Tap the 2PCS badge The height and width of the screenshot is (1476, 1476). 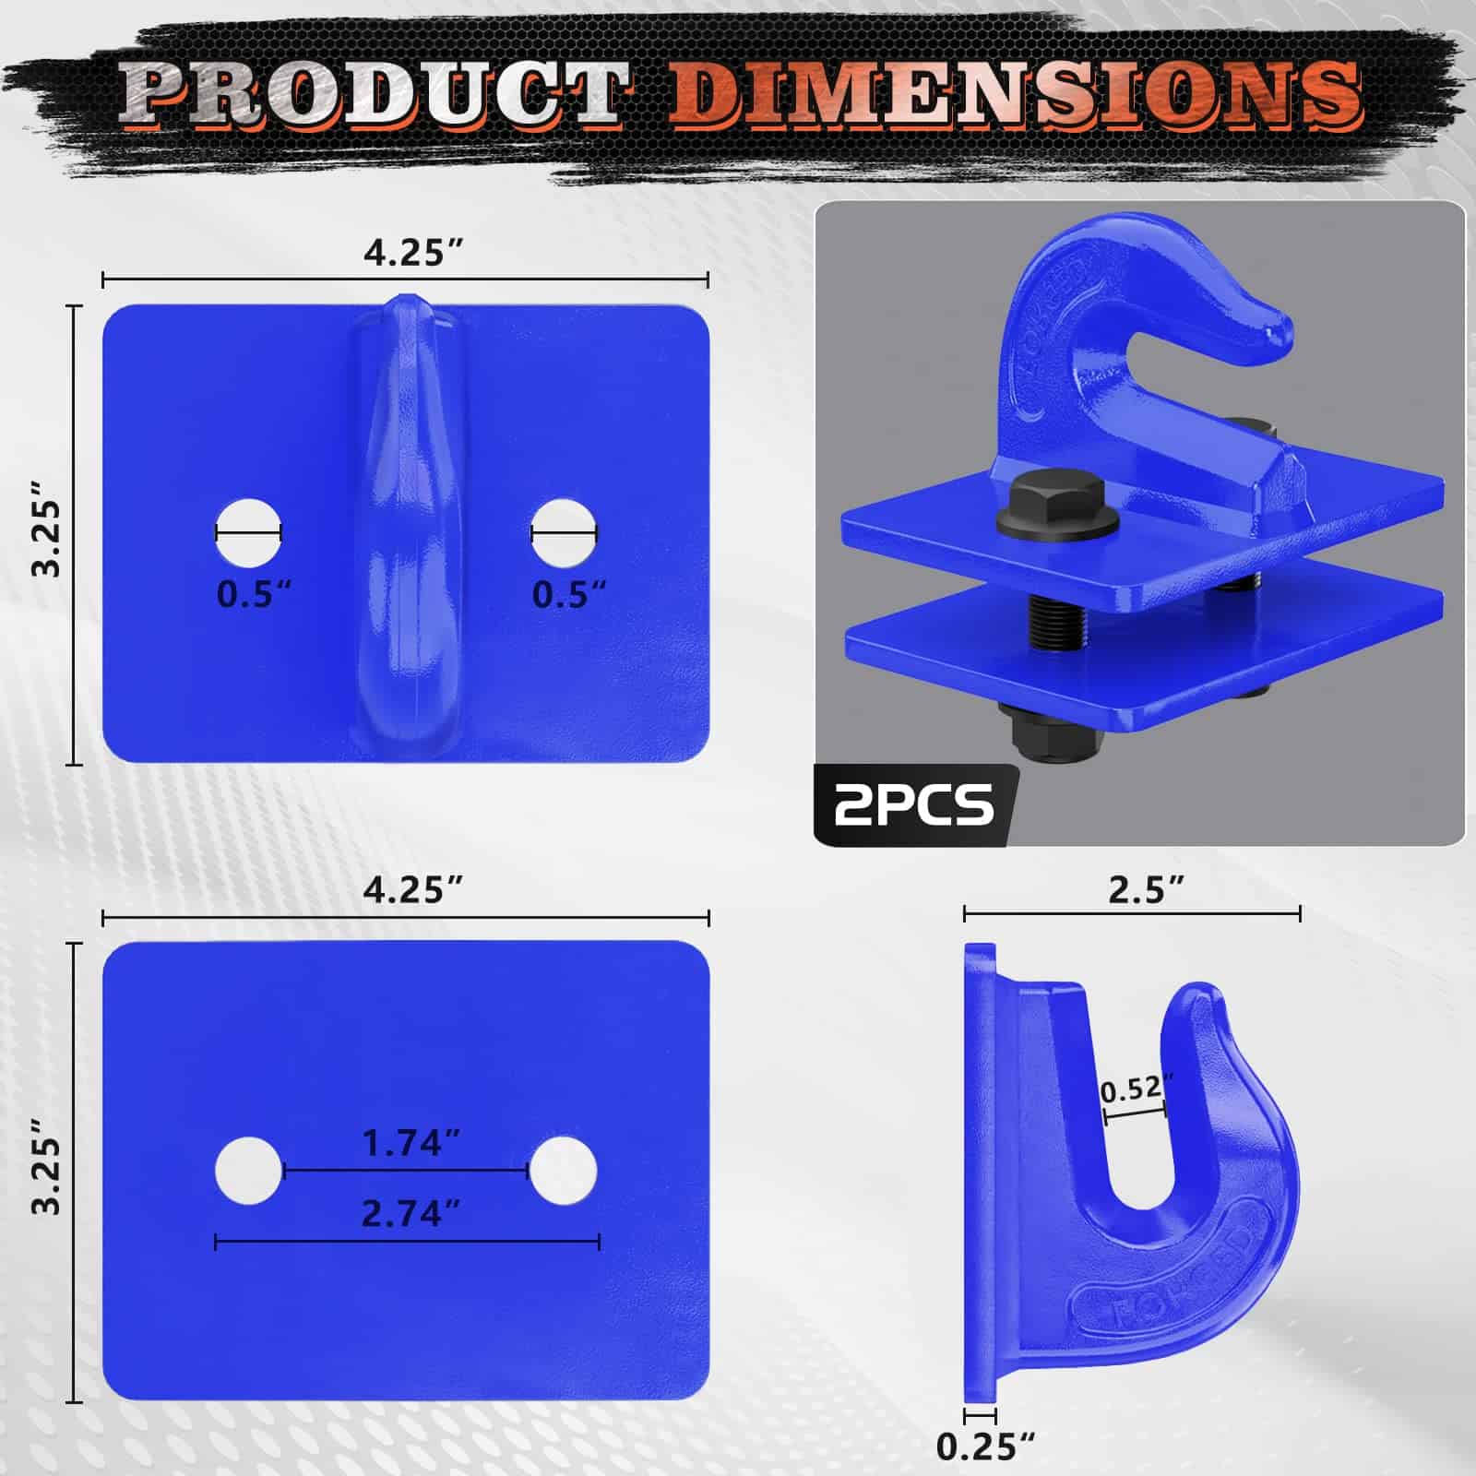914,804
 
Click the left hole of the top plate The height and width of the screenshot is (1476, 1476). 249,533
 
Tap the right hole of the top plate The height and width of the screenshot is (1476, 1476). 565,533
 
